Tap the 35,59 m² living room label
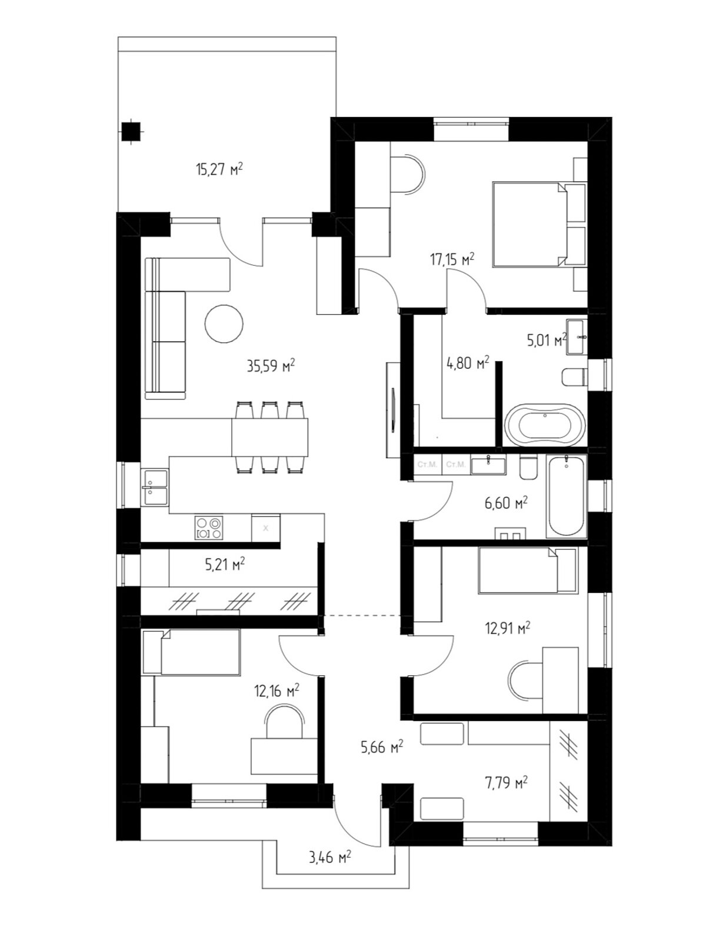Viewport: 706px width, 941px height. (x=271, y=366)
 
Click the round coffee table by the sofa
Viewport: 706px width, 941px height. (x=224, y=323)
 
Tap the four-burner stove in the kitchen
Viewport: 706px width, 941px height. (x=209, y=528)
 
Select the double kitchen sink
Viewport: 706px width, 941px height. (x=155, y=488)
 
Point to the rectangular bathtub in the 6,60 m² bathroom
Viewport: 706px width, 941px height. (x=566, y=496)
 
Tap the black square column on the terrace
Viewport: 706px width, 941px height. (x=131, y=132)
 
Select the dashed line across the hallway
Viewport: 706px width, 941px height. (x=362, y=615)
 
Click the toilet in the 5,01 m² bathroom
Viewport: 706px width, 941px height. (x=574, y=377)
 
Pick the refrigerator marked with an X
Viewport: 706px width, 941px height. (x=266, y=528)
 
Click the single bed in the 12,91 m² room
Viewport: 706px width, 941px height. (x=527, y=570)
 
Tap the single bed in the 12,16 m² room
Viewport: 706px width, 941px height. (x=191, y=652)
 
